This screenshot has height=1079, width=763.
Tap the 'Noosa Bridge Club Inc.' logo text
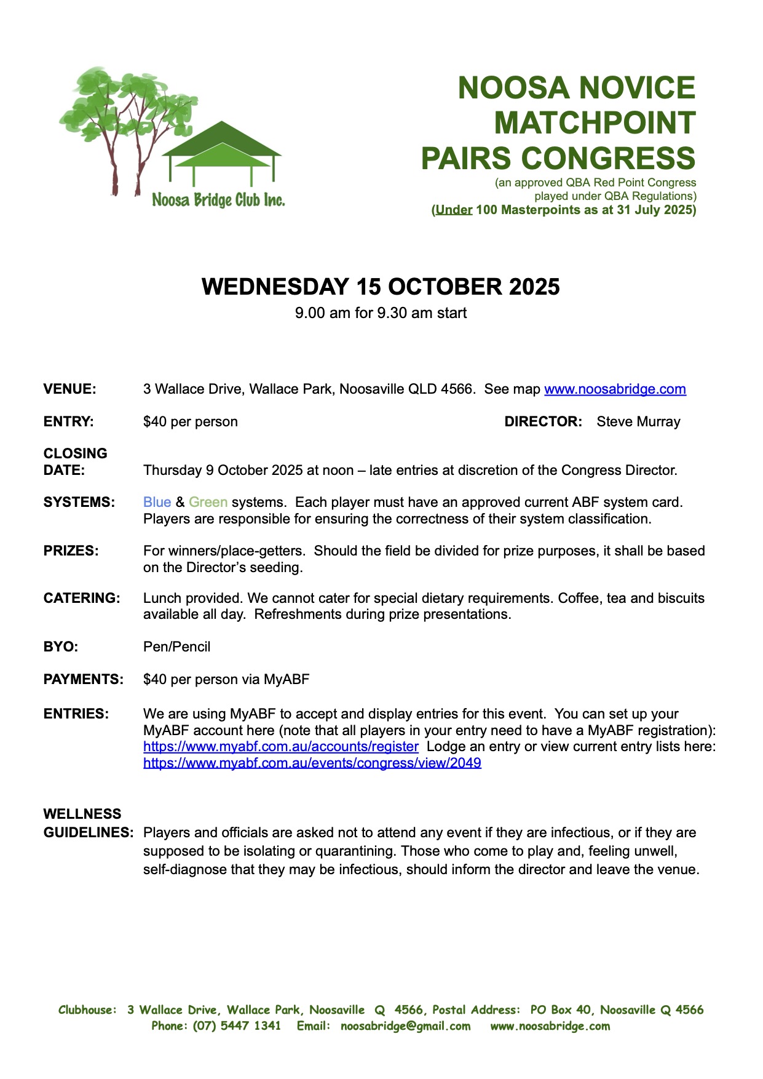point(218,200)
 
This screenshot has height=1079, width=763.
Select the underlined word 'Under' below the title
point(454,210)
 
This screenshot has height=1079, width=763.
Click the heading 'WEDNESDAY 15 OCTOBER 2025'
point(381,287)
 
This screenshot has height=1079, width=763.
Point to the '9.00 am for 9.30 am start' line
point(381,313)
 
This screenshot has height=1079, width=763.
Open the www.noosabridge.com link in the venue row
point(615,389)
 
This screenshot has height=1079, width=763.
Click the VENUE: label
point(69,389)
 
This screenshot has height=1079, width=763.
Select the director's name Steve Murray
point(638,421)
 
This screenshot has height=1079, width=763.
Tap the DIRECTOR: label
point(543,421)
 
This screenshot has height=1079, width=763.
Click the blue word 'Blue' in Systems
point(157,502)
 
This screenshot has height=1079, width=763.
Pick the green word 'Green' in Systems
point(208,502)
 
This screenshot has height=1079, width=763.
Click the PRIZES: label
point(71,551)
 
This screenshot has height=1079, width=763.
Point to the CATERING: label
point(82,598)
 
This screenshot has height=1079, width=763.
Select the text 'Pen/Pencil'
point(176,647)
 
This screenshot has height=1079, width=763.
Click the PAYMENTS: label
point(83,679)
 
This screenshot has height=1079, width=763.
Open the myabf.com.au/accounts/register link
point(280,747)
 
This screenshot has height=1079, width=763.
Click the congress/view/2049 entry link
point(312,763)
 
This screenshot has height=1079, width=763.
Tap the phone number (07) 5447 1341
point(237,1025)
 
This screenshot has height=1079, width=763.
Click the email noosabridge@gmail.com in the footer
point(405,1025)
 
